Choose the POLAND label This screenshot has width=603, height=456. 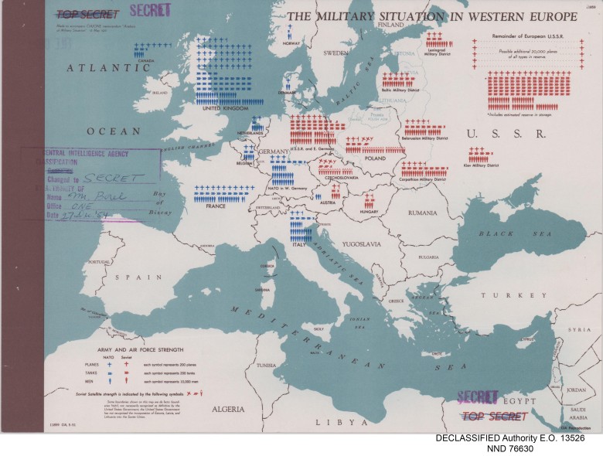[x=375, y=158]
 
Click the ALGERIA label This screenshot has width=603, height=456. [x=223, y=409]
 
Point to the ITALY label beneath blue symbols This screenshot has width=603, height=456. [x=297, y=244]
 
